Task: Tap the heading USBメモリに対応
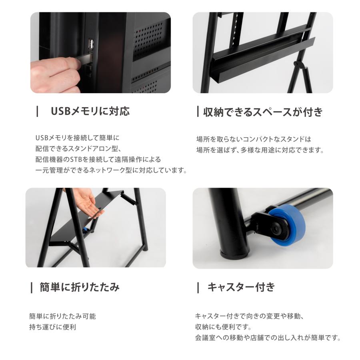coord(90,111)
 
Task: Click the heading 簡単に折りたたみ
coord(80,287)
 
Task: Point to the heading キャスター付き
coord(241,287)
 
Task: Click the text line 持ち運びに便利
coord(52,327)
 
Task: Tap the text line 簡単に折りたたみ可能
coord(62,316)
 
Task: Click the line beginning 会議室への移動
coord(267,338)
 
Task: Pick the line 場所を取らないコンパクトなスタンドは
coord(254,139)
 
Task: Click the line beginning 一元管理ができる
coord(111,170)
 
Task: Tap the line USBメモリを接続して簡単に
coord(78,138)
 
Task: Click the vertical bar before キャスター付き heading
coord(198,287)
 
